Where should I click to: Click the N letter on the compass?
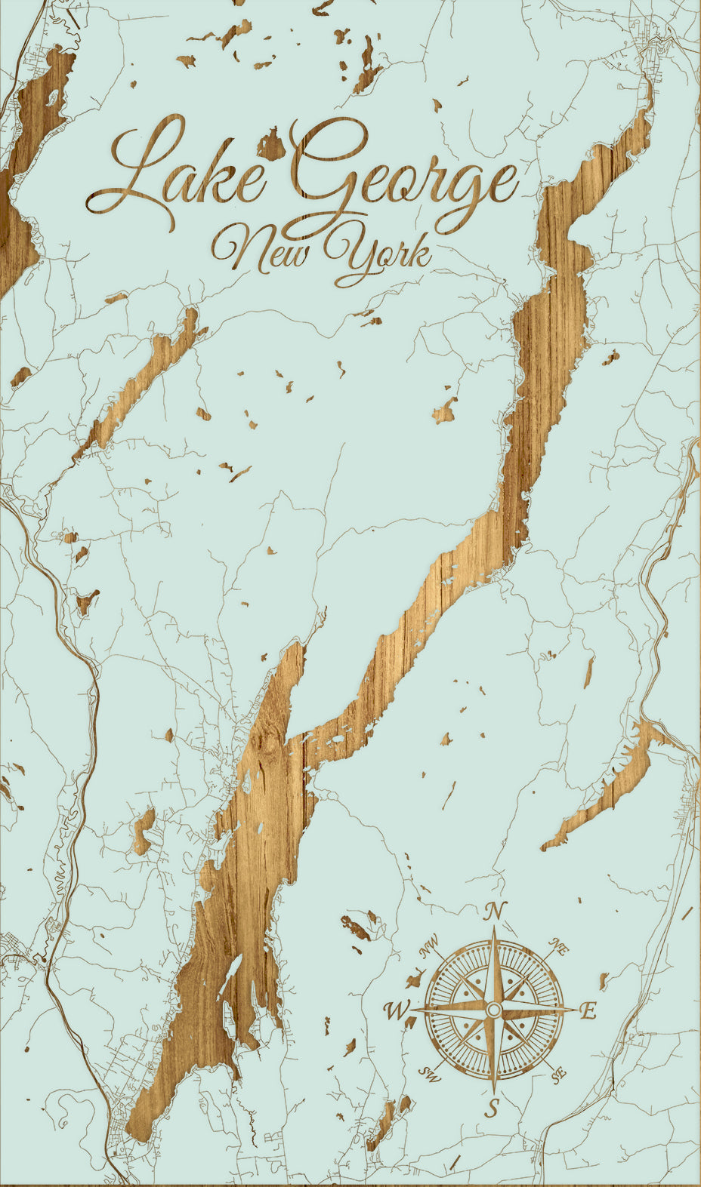tap(495, 912)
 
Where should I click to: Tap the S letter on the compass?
tap(493, 1109)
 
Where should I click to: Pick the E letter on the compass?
tap(588, 1010)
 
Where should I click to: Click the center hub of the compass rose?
tap(493, 1010)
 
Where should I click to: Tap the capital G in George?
tap(317, 170)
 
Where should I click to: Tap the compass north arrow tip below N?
tap(494, 930)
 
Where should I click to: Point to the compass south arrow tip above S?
tap(493, 1090)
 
